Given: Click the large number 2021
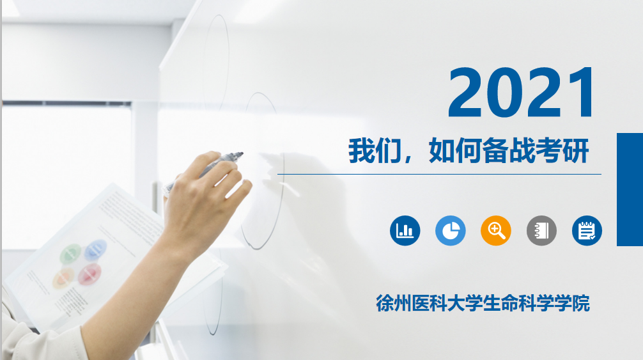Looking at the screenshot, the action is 521,93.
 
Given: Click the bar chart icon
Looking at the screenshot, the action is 405,230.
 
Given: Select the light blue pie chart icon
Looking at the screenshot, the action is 450,230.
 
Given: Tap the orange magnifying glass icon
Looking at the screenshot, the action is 496,230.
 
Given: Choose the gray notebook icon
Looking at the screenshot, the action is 541,230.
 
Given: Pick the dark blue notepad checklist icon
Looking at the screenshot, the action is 587,230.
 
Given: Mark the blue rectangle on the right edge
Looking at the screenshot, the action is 630,189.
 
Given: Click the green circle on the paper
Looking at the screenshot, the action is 70,254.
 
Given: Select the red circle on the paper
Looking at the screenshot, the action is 89,274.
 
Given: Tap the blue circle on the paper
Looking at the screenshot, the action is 95,250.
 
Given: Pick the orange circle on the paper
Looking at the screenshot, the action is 63,278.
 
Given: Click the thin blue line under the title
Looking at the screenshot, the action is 439,175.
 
